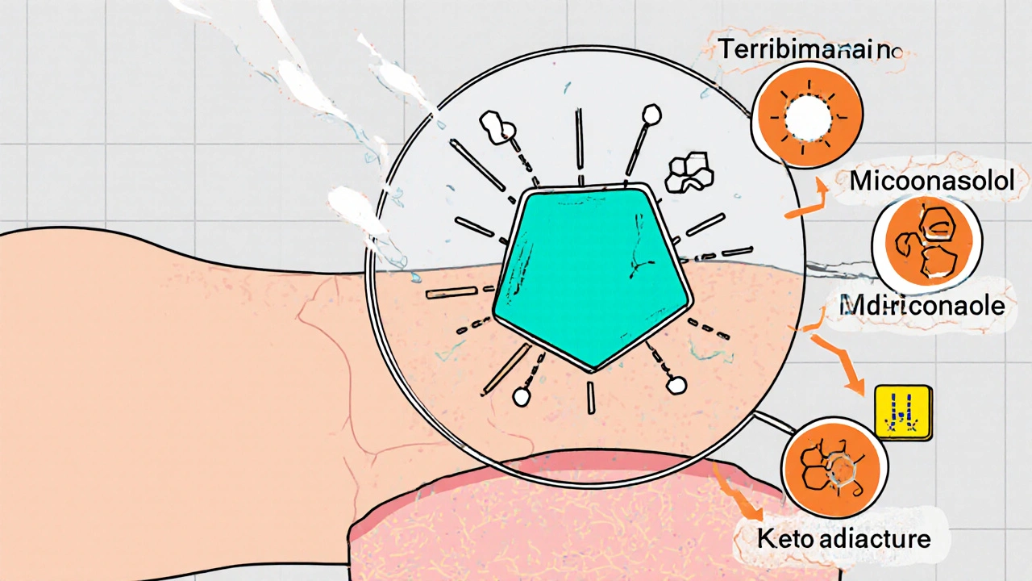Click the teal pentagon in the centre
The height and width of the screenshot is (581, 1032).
[593, 278]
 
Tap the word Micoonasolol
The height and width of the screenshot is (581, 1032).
[931, 181]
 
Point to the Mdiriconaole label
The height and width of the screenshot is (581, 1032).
[922, 306]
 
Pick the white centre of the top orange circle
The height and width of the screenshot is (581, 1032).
[808, 120]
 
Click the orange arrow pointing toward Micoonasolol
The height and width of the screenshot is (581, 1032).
[809, 202]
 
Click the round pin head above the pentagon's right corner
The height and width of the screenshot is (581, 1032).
[650, 113]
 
